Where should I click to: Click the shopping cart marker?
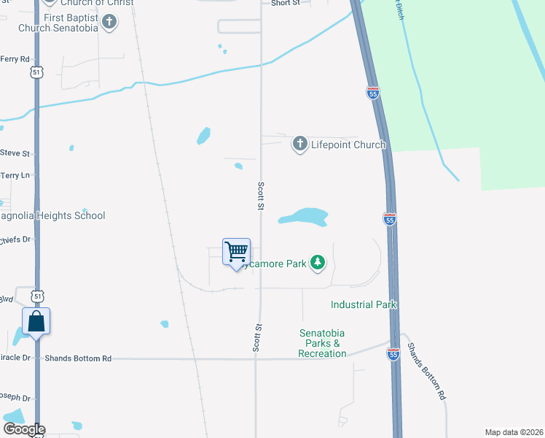236,253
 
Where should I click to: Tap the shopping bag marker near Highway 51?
36,322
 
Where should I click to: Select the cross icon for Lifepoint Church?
299,145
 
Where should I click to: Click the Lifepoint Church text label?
348,145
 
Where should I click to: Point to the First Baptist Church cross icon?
109,22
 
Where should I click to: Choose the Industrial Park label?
362,304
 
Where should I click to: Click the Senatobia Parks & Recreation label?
322,343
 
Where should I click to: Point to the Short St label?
286,4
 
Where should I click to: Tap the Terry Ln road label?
15,175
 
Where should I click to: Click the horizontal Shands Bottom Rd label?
78,358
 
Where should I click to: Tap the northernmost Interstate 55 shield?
373,92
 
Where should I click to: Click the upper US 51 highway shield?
38,72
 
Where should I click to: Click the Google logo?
23,430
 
